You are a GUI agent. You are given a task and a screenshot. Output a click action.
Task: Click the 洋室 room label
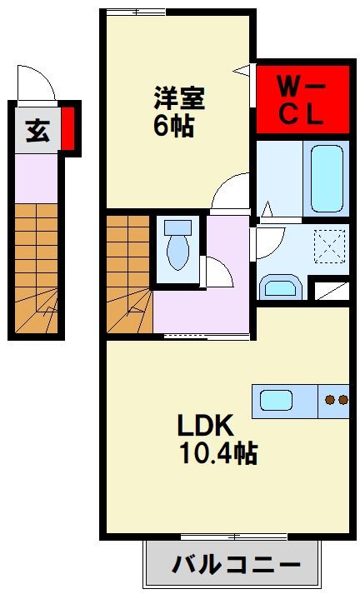179,98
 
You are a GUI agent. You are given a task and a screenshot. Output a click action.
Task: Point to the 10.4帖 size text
217,453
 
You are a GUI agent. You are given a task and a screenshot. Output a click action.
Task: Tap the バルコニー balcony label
236,566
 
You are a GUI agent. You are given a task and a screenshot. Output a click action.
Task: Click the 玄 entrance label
37,131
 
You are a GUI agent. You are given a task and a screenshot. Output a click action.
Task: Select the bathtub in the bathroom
326,178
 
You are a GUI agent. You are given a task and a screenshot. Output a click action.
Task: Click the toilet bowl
177,251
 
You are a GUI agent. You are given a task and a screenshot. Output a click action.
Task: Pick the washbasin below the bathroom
280,287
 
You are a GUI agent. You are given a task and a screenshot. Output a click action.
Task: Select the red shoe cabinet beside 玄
68,129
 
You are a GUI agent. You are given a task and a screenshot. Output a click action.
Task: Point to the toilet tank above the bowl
177,227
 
